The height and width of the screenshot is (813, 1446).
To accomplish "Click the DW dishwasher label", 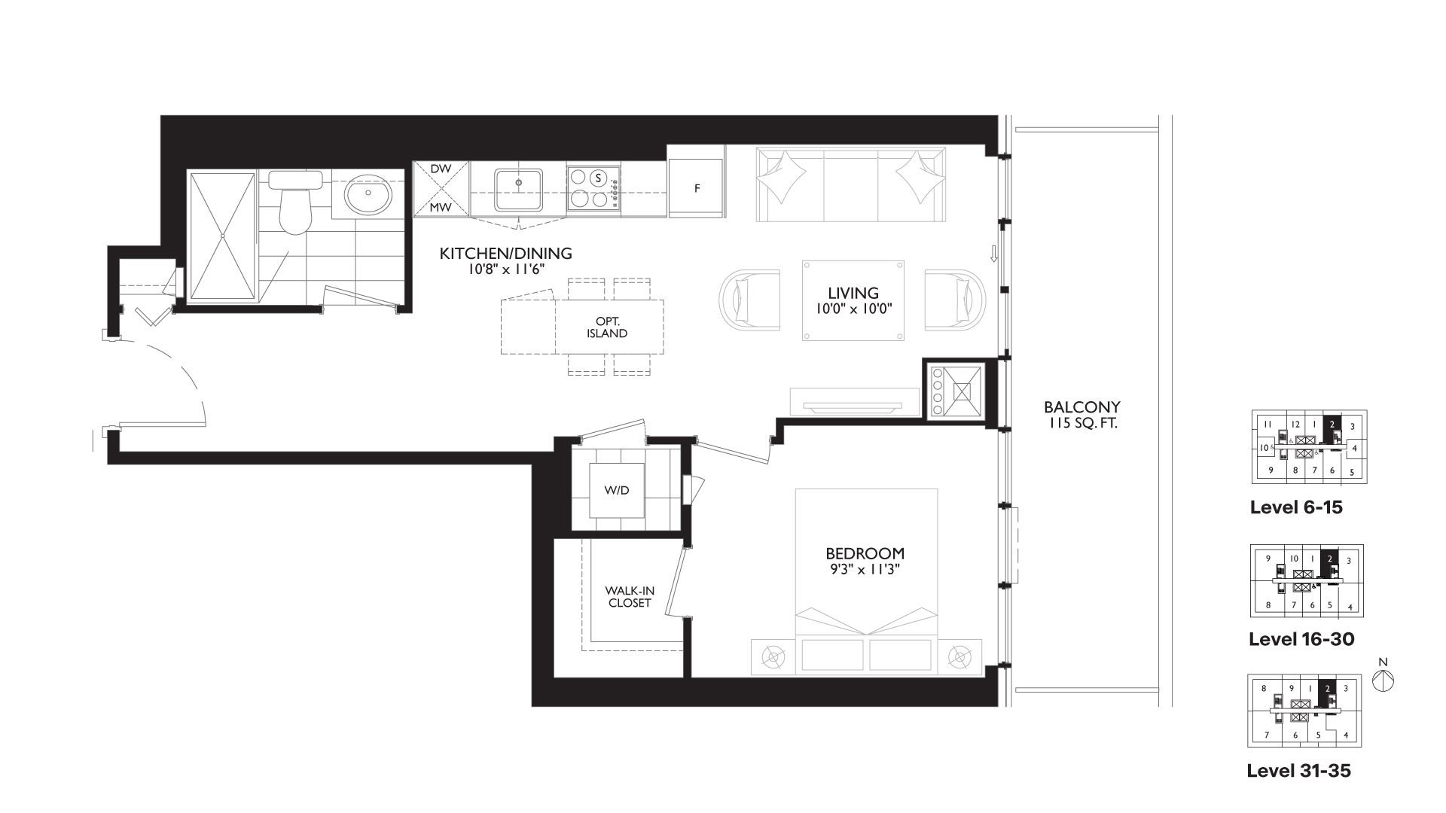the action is pos(441,169).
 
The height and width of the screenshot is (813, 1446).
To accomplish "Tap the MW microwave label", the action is pos(441,207).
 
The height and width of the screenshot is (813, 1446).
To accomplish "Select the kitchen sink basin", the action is pos(519,190).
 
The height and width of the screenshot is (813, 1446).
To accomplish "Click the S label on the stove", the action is pos(598,178).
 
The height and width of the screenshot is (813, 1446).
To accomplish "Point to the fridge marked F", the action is pos(697,188).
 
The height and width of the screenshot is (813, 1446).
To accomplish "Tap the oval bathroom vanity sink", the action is pos(368,196).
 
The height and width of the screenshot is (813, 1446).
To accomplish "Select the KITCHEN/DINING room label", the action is pos(505,254).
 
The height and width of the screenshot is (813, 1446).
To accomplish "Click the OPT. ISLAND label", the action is pos(607,327).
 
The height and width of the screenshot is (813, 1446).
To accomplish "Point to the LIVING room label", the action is pos(853,293).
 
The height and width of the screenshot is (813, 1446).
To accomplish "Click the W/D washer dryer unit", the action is pos(617,490).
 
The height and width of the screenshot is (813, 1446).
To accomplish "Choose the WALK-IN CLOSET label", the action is pos(630,597).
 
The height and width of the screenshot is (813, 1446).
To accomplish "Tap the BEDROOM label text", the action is pos(865,554).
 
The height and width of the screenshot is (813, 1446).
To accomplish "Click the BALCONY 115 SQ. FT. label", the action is pos(1081,415).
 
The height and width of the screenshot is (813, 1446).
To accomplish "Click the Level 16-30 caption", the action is pos(1301,639).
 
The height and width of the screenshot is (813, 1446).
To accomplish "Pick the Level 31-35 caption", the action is pos(1299,771).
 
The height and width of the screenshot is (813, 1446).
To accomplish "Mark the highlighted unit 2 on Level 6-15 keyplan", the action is pos(1332,425).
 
